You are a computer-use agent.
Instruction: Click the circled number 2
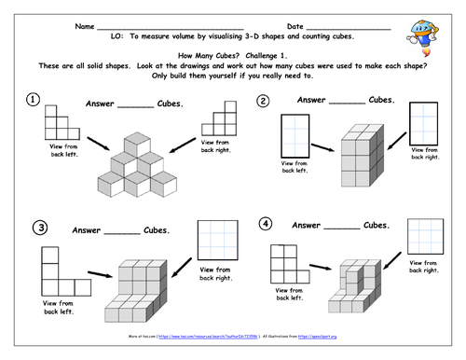click(264, 101)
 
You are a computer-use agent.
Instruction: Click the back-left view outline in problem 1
click(57, 123)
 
